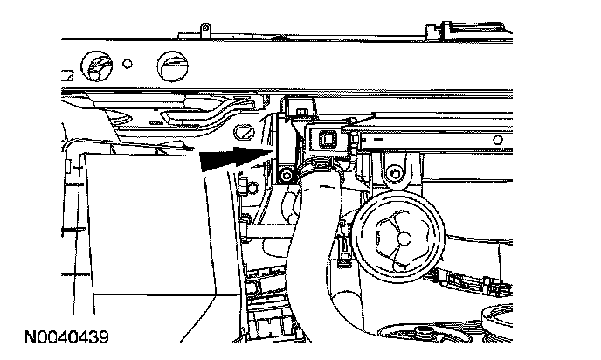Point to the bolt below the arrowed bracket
pyautogui.click(x=286, y=177)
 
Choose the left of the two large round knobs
pyautogui.click(x=93, y=63)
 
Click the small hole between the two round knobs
pyautogui.click(x=128, y=63)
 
